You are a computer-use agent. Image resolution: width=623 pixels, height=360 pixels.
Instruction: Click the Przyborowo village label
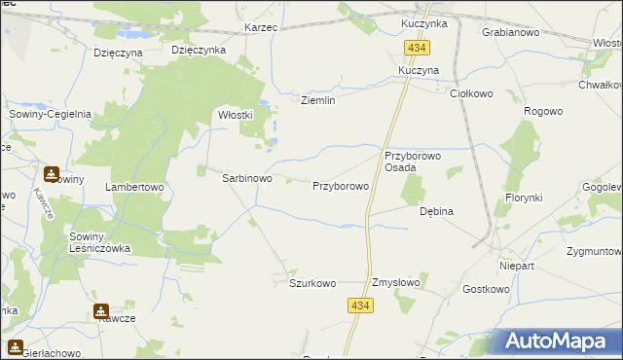(x=341, y=185)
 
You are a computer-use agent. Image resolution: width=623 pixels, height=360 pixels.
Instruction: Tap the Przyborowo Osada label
(x=414, y=162)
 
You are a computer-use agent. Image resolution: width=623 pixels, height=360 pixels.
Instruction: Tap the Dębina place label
(x=436, y=210)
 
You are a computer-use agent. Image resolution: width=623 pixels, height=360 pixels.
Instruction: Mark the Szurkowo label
(x=312, y=283)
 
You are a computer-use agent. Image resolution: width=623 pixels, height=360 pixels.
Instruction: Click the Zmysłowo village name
(x=395, y=283)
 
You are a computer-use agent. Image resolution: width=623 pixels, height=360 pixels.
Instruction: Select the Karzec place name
(x=262, y=27)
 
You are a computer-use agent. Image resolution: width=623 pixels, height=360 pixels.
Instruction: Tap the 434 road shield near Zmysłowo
(x=358, y=306)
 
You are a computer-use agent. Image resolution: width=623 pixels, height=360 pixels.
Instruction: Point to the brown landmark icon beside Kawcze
(x=100, y=311)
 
